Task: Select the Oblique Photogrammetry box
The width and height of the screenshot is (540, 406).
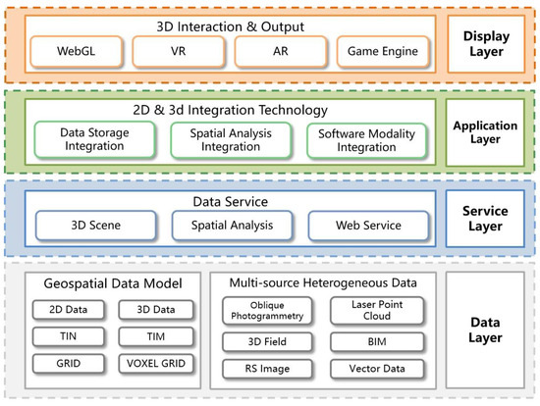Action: (264, 312)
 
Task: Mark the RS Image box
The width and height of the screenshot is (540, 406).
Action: (264, 369)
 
